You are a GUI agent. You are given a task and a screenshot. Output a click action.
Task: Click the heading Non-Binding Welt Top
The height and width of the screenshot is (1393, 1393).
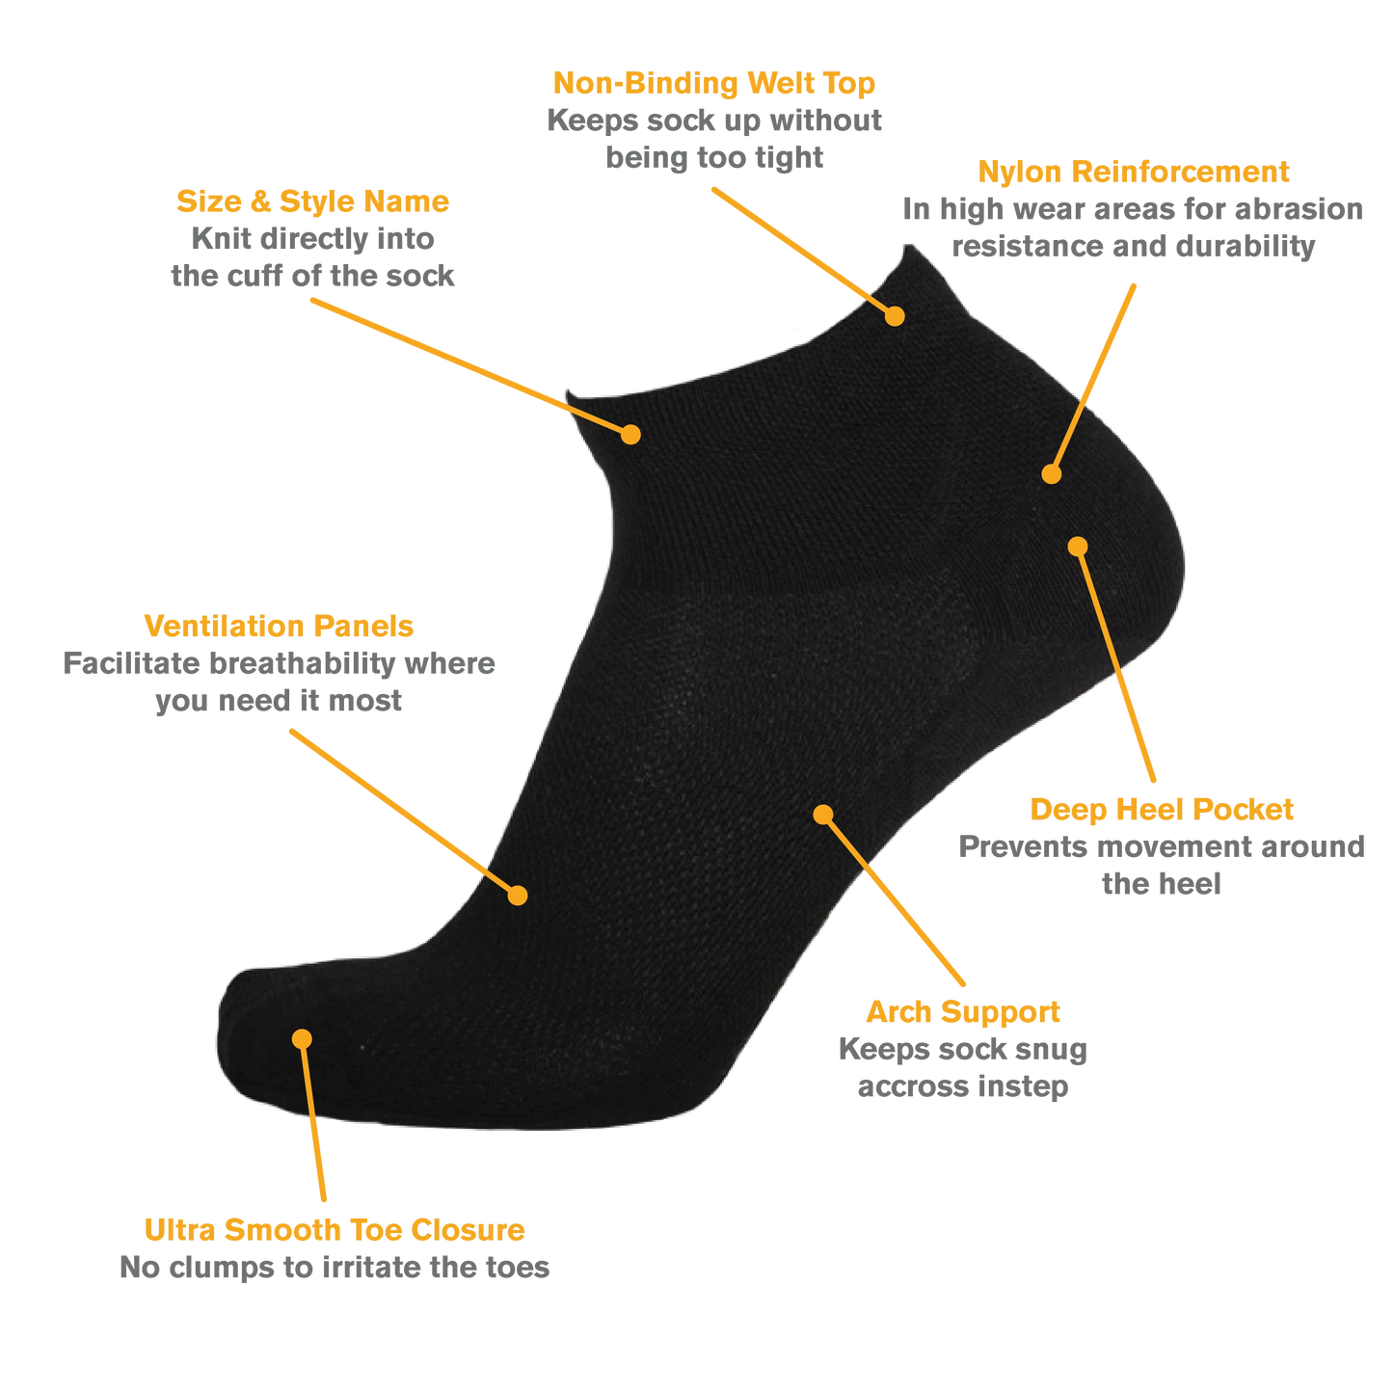[x=713, y=84]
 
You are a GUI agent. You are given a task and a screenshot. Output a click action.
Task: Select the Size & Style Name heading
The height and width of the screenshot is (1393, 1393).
[x=312, y=201]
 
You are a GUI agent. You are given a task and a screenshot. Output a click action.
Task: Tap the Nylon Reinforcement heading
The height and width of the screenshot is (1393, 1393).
[x=1133, y=172]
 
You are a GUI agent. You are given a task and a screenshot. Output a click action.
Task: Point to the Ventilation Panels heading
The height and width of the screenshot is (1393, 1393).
[x=279, y=626]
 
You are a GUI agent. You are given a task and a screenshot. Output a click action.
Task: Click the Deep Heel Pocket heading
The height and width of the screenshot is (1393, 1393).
[x=1161, y=810]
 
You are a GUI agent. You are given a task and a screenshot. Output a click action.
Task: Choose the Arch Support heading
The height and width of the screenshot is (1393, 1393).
[x=963, y=1012]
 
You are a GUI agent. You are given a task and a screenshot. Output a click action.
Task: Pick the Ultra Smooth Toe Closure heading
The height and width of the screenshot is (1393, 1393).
[x=335, y=1230]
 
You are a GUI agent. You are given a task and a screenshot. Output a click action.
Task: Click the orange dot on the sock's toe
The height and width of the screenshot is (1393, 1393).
[x=302, y=1039]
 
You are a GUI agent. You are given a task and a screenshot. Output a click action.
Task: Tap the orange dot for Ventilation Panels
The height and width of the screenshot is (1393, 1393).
[x=518, y=896]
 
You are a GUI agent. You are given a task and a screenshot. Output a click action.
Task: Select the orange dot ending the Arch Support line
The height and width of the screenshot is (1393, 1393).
[x=822, y=815]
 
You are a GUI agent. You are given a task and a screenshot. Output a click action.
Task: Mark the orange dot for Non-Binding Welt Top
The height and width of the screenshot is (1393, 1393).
[x=895, y=316]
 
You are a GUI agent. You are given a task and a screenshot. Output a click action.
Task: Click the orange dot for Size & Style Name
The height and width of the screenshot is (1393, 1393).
[x=631, y=435]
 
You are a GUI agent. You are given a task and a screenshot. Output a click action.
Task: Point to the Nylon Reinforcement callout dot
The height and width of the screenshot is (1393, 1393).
[x=1051, y=474]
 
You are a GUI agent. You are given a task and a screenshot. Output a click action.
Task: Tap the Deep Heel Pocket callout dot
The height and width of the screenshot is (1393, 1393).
[x=1078, y=547]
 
